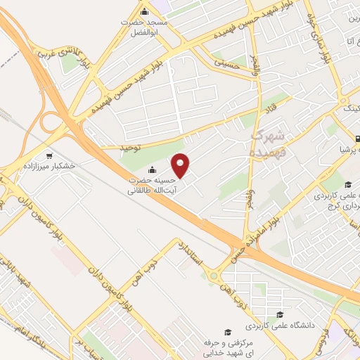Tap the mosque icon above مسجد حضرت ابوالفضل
[145, 12]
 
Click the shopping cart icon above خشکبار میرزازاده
[49, 156]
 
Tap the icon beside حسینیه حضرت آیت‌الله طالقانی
[152, 169]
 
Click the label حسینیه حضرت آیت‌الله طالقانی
[151, 185]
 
